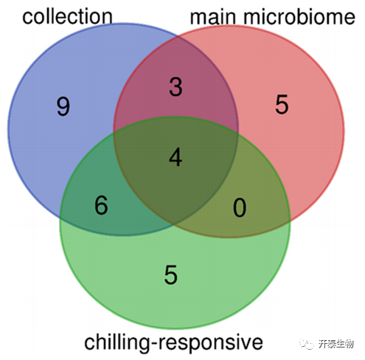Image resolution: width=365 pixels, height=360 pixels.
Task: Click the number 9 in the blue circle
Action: click(63, 106)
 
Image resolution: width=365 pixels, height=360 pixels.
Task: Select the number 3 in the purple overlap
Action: click(175, 87)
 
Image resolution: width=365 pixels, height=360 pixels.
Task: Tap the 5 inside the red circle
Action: click(282, 105)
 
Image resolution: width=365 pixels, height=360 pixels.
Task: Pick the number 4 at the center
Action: click(175, 157)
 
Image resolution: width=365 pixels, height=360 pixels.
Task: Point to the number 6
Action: click(101, 206)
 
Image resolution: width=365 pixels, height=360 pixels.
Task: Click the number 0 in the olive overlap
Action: click(240, 208)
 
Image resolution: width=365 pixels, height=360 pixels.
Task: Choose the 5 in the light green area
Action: click(171, 275)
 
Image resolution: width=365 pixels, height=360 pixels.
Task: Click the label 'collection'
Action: click(67, 16)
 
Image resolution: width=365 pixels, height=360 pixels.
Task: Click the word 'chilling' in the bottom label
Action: click(117, 342)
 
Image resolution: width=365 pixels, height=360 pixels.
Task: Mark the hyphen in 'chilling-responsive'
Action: click(153, 343)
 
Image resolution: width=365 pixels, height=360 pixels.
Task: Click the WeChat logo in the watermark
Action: click(307, 344)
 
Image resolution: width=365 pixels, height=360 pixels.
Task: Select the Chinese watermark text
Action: click(336, 344)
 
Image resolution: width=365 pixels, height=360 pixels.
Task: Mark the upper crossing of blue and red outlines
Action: click(178, 37)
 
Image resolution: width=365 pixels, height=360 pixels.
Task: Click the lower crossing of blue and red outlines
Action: click(174, 224)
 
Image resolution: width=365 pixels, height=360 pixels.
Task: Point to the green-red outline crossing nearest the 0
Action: click(290, 221)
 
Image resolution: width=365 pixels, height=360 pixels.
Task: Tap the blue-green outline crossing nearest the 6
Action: click(60, 218)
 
